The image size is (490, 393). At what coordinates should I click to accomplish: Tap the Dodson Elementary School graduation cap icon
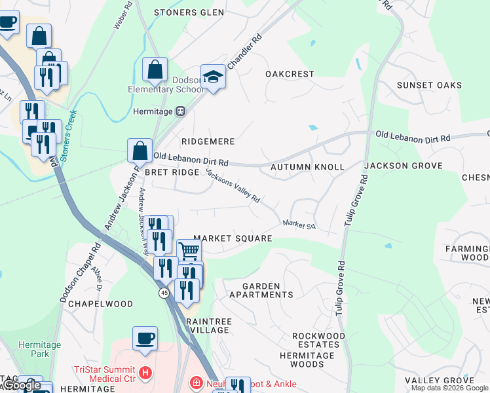tap(213, 77)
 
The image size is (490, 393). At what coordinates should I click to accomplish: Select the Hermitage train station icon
tap(180, 111)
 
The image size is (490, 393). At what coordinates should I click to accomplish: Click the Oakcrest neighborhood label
tap(290, 74)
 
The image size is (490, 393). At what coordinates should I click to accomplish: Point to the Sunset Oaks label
tap(429, 85)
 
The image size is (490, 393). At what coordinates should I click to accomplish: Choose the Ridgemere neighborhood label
tap(208, 141)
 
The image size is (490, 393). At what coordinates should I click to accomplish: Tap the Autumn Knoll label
tap(307, 167)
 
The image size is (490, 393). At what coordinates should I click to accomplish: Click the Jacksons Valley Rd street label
tap(233, 185)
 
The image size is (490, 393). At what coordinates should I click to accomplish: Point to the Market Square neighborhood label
tap(233, 238)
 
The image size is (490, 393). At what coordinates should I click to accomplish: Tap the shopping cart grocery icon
tap(189, 250)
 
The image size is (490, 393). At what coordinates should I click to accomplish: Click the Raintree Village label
tap(208, 326)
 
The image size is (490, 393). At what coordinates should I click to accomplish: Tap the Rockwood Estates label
tap(318, 340)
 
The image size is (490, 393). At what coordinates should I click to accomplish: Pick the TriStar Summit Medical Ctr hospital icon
tap(145, 373)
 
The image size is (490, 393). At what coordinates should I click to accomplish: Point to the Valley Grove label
tap(434, 381)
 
